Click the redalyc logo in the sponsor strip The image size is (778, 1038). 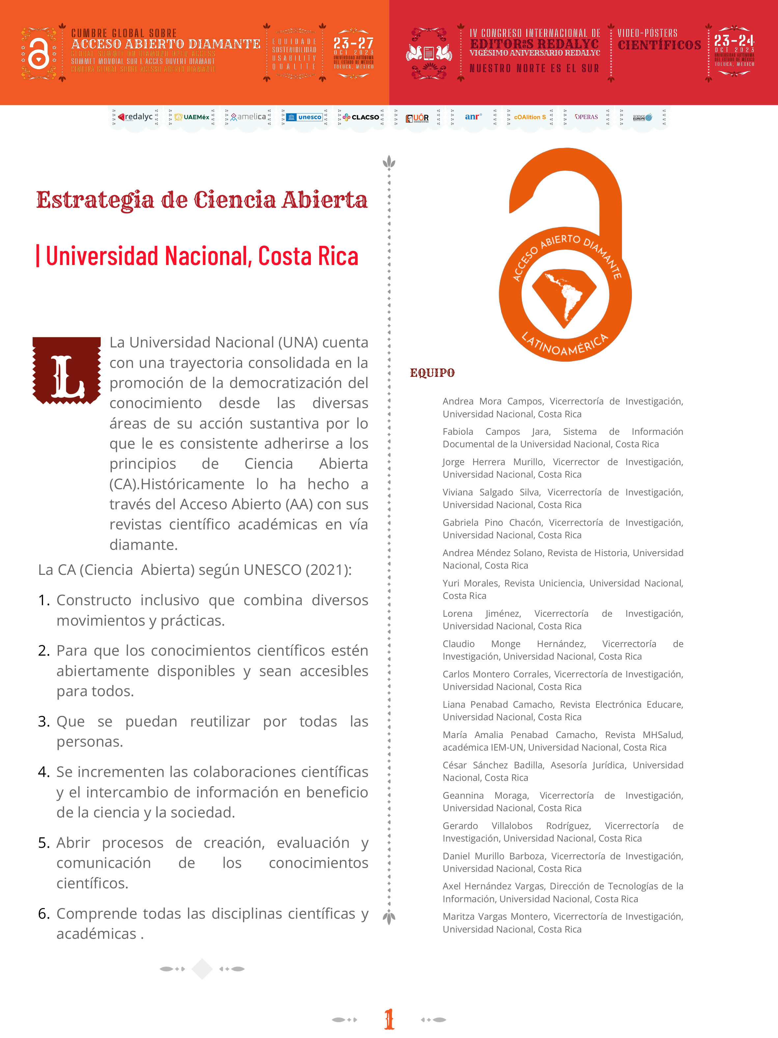pos(135,117)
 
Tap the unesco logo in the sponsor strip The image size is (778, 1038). pos(305,117)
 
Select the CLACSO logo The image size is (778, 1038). pos(361,117)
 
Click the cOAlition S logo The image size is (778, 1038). pos(529,117)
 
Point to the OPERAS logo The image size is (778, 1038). pos(586,117)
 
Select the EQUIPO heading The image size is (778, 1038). pos(432,373)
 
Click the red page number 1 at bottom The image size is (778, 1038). pos(389,1019)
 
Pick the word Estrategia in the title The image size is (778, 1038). pos(95,200)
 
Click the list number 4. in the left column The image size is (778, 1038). pos(43,772)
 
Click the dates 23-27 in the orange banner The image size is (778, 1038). pos(353,44)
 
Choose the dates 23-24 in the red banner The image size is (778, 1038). pos(734,40)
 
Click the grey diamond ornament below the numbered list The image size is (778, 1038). pos(202,968)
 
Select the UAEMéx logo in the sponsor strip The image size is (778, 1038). pos(192,117)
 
